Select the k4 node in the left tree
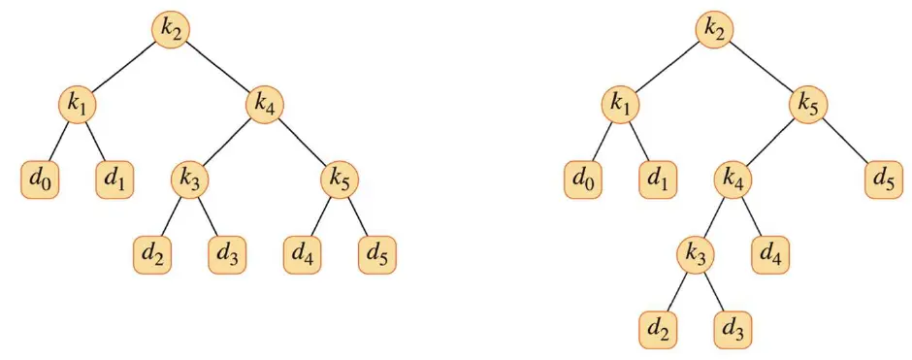pyautogui.click(x=264, y=105)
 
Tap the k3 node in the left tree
pyautogui.click(x=190, y=180)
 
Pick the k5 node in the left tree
pyautogui.click(x=340, y=180)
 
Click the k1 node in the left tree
pyautogui.click(x=78, y=105)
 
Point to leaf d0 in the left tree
pyautogui.click(x=40, y=180)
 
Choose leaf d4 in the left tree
pyautogui.click(x=303, y=255)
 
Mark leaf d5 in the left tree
pyautogui.click(x=377, y=255)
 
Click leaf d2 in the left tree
pyautogui.click(x=153, y=255)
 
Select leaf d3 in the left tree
pyautogui.click(x=227, y=255)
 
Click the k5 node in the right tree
pyautogui.click(x=808, y=105)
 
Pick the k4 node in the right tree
pyautogui.click(x=733, y=180)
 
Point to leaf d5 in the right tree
pyautogui.click(x=883, y=180)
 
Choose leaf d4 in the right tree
pyautogui.click(x=770, y=255)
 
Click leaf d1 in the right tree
pyautogui.click(x=659, y=180)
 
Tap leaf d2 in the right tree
pyautogui.click(x=659, y=329)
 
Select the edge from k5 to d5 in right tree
pyautogui.click(x=845, y=142)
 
